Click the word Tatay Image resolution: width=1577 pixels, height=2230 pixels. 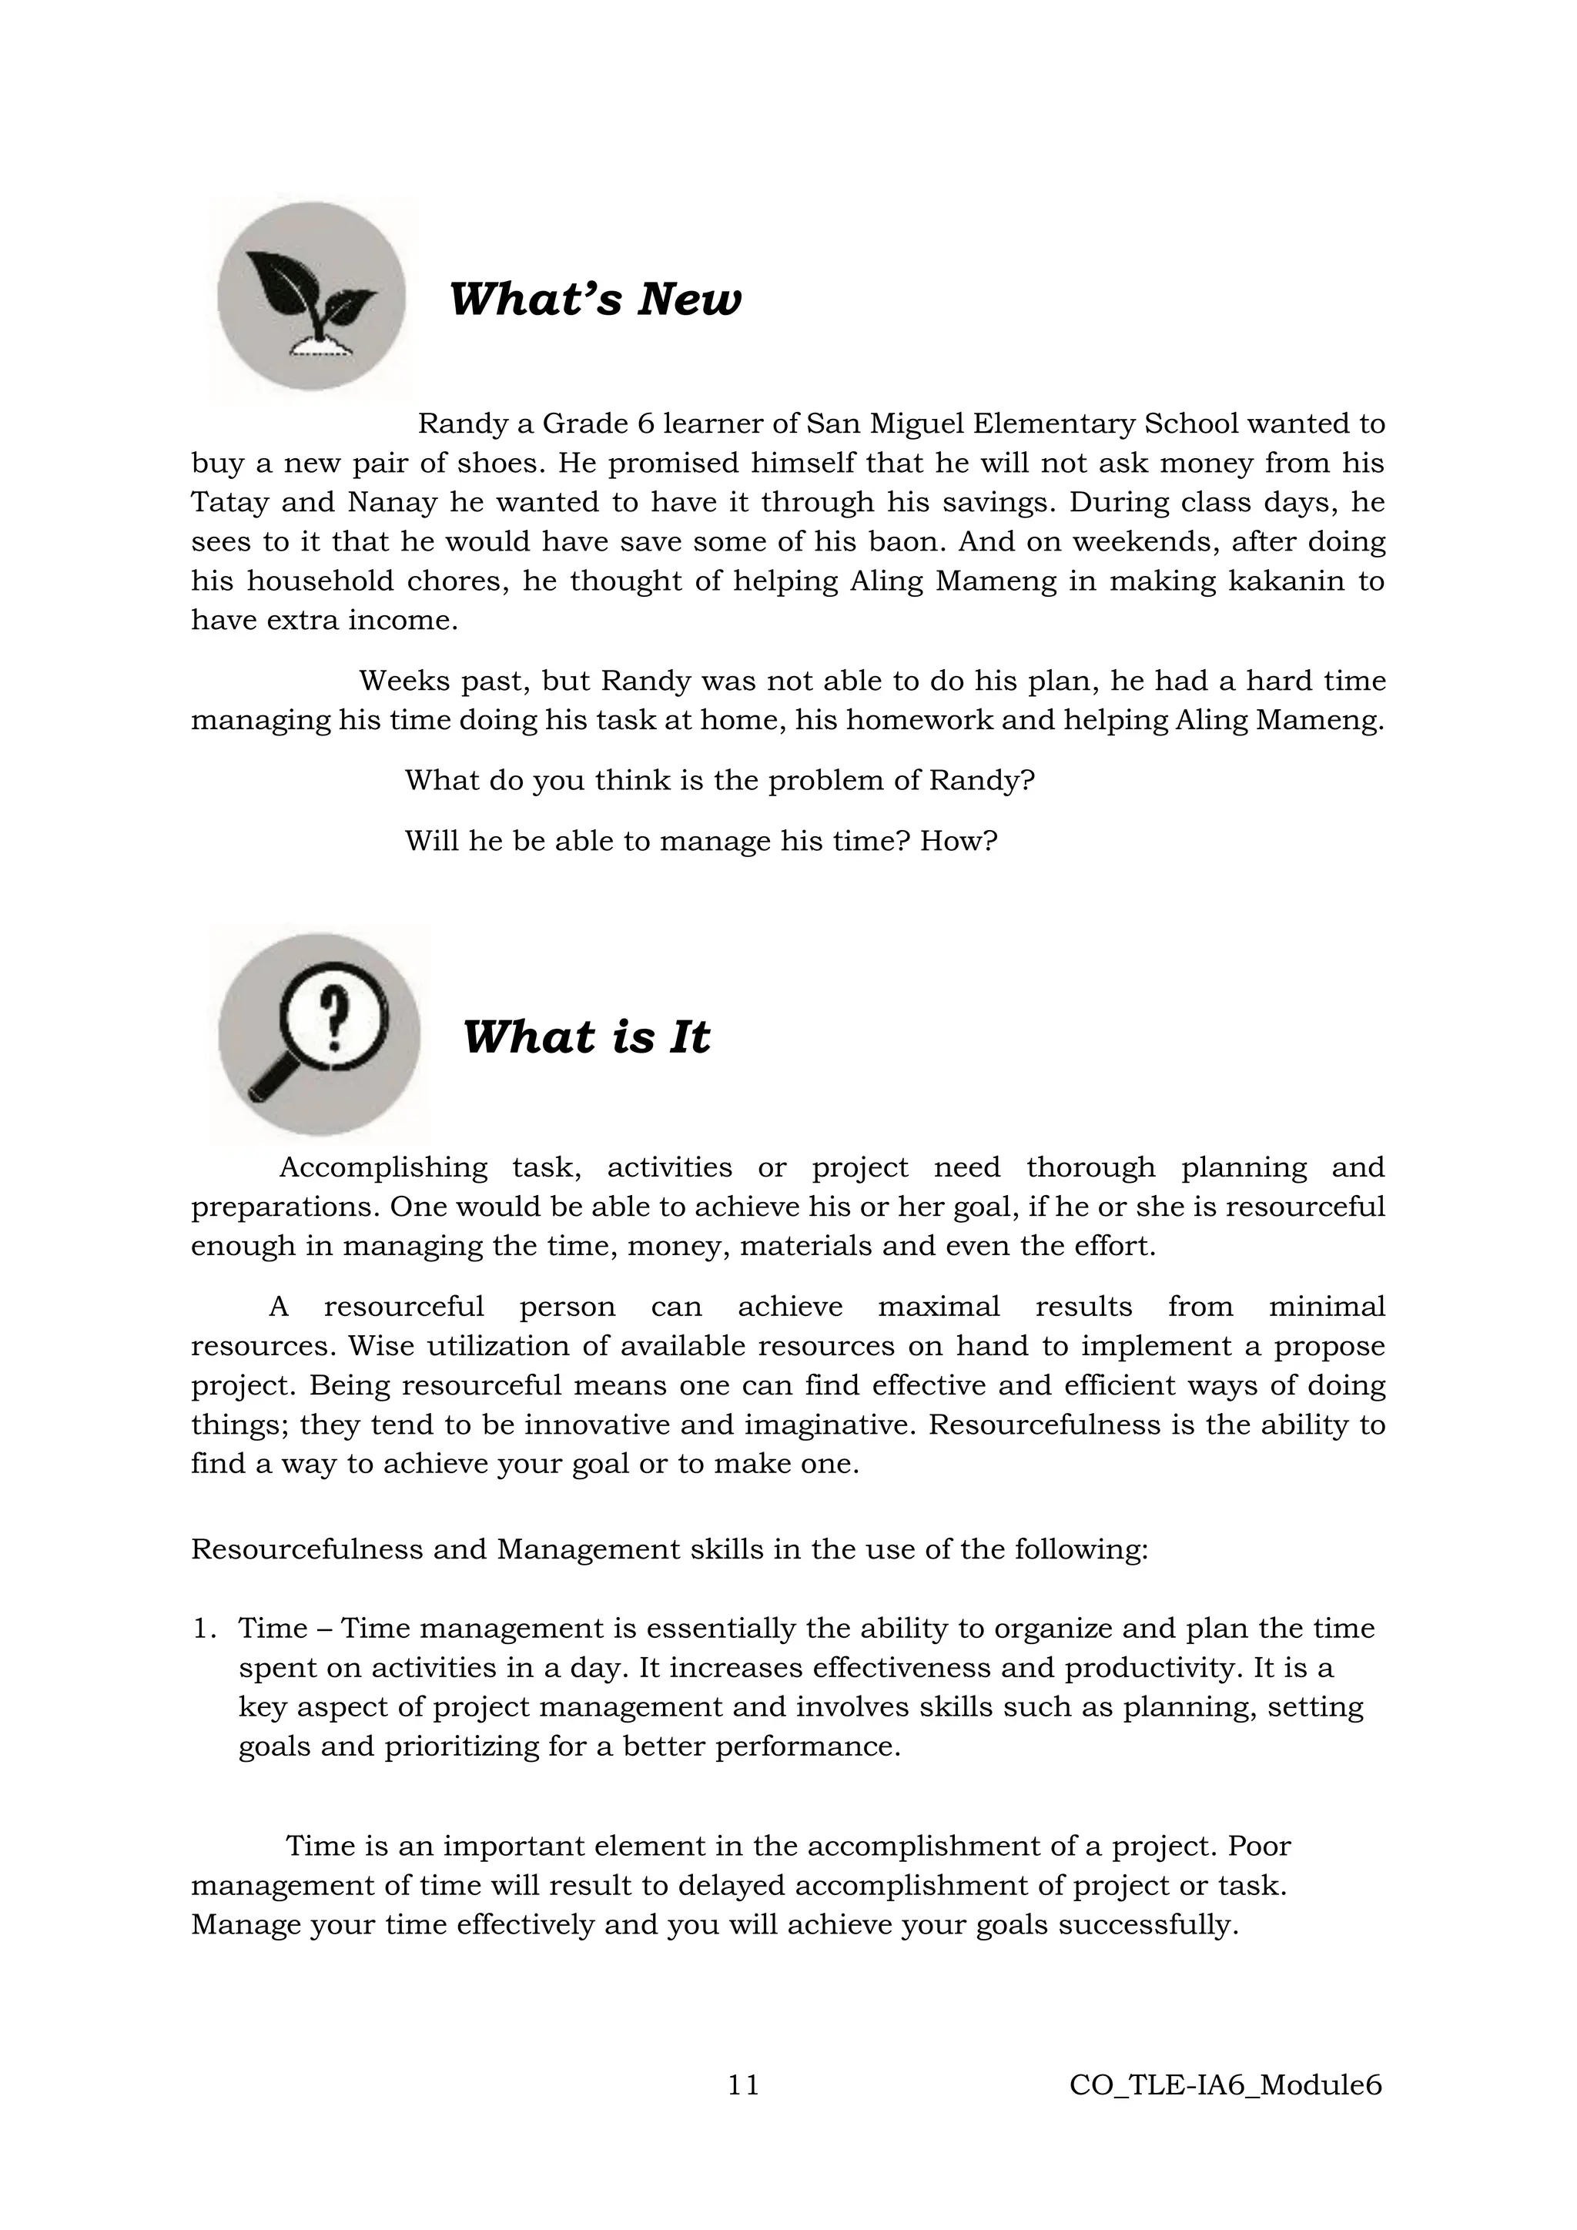[226, 502]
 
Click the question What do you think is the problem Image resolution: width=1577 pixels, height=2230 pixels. [718, 780]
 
